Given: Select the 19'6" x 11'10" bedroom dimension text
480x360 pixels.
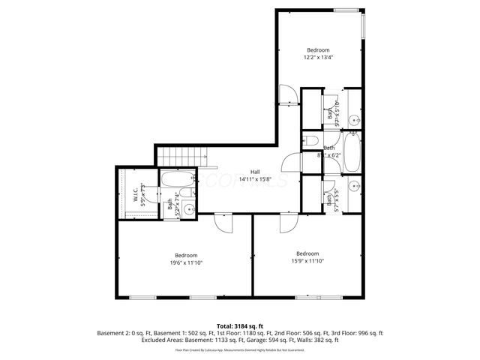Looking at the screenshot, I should point(186,262).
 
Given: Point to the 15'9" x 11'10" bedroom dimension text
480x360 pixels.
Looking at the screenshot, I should point(307,261).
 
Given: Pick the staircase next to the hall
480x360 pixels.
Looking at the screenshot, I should point(182,155).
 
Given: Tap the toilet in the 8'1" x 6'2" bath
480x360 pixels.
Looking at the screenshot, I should point(311,142).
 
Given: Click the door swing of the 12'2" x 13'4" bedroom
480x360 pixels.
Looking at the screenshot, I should point(286,94).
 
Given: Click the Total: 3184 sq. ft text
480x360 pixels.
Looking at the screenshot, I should point(240,325).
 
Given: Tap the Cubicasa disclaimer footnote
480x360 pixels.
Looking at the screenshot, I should point(240,349).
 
